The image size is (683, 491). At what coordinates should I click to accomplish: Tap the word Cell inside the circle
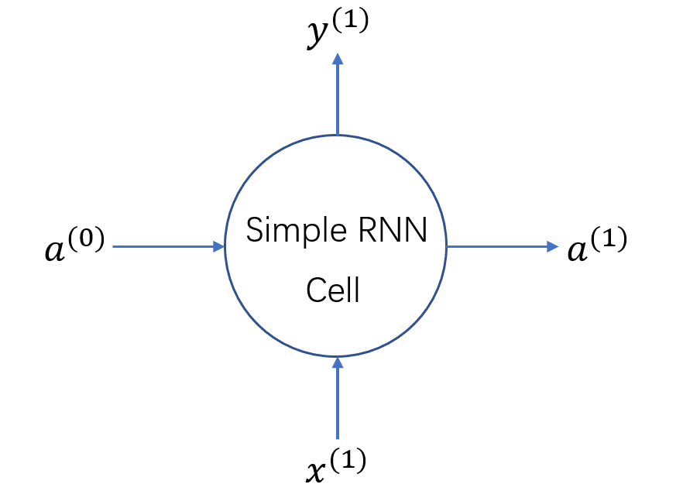click(x=333, y=290)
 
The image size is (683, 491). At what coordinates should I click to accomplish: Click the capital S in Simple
click(x=255, y=231)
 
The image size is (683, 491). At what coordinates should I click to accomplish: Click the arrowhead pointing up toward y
click(x=337, y=60)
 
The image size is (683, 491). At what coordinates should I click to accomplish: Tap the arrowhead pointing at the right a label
click(x=552, y=247)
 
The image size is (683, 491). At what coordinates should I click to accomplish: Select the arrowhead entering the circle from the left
click(x=218, y=247)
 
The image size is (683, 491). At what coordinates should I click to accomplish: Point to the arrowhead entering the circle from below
click(x=337, y=362)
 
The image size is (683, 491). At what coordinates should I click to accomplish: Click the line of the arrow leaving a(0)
click(x=163, y=247)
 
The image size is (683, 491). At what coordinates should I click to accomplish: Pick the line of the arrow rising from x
click(x=337, y=403)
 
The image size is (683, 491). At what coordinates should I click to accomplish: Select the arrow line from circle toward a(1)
click(x=496, y=247)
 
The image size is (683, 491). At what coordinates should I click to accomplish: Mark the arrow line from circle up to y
click(x=337, y=101)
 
